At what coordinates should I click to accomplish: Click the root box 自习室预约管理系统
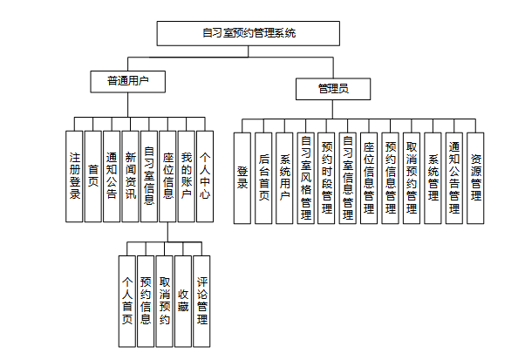pos(248,33)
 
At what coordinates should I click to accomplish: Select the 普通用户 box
pos(127,81)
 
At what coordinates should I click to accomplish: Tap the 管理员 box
pos(332,88)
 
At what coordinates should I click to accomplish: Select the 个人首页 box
pos(127,302)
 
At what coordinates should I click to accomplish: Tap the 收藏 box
pos(182,302)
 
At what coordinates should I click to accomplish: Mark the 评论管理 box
pos(201,302)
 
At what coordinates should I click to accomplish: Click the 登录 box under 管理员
pos(242,177)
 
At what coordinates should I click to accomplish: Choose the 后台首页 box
pos(263,177)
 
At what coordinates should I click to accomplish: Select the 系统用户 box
pos(284,177)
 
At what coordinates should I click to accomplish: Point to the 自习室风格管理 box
pos(305,177)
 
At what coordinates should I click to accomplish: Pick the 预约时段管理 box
pos(327,177)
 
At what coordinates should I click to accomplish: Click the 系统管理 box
pos(433,177)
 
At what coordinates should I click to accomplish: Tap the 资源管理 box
pos(475,177)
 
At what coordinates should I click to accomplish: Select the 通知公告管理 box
pos(454,177)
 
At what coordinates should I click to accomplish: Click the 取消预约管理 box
pos(412,177)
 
